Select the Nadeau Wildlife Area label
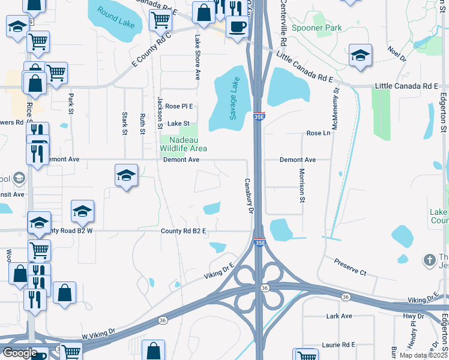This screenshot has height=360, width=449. click(184, 144)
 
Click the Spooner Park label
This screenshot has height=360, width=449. click(316, 28)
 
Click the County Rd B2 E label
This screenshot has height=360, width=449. click(183, 231)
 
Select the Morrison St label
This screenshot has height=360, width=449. click(303, 185)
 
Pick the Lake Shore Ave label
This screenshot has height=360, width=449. click(197, 57)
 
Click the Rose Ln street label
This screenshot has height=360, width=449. click(318, 133)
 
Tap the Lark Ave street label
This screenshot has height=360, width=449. click(339, 316)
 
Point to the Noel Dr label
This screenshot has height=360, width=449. click(397, 53)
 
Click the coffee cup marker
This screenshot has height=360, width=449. click(237, 28)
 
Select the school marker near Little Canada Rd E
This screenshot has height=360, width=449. click(360, 56)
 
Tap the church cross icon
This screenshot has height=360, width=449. click(429, 260)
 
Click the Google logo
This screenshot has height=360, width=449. click(19, 353)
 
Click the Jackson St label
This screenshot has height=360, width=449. click(160, 113)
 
